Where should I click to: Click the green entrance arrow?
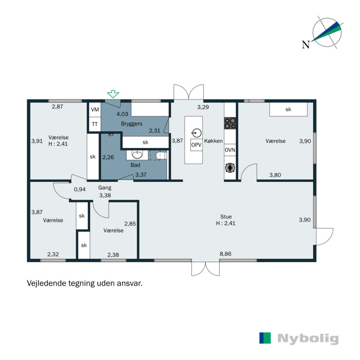113,94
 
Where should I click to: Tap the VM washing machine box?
95,109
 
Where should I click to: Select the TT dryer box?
95,124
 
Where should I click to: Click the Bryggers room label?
131,124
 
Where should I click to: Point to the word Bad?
135,165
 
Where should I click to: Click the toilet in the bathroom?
162,156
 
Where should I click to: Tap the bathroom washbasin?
137,155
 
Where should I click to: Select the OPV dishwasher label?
196,145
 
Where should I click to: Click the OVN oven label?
230,150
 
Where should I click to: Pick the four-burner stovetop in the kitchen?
230,123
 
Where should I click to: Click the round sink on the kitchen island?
197,133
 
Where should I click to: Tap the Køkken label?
213,141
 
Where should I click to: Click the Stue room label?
226,216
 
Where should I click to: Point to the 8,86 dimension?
225,254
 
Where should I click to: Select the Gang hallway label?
105,188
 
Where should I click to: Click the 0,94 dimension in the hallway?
80,189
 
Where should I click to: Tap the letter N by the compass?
306,45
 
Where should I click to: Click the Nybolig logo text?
308,338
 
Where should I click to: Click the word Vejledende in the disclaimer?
46,283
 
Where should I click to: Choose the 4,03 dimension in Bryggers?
122,114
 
